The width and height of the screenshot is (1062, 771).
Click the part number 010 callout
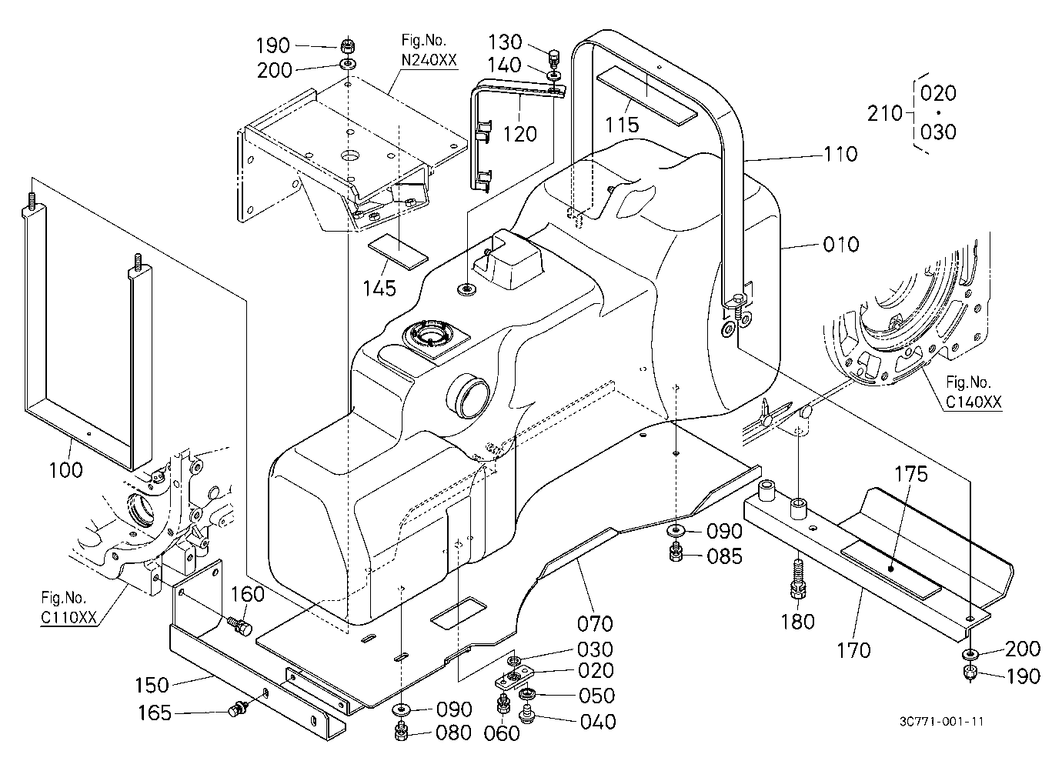coord(841,245)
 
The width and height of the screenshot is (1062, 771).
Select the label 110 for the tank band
coord(840,154)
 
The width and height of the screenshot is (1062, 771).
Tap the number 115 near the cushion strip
coord(622,125)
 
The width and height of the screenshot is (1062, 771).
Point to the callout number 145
coord(379,289)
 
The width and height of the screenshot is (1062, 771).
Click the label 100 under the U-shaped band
coord(66,470)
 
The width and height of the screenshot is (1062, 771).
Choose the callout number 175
coord(910,474)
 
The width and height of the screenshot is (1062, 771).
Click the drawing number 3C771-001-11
coord(942,721)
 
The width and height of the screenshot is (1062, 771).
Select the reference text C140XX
coord(973,402)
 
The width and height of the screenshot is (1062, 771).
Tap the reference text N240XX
coord(429,60)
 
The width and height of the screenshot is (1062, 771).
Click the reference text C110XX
coord(68,617)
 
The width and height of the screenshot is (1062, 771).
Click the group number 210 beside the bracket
coord(885,113)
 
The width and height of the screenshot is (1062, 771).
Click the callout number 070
coord(595,623)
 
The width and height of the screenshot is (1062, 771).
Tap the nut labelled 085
coord(676,553)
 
